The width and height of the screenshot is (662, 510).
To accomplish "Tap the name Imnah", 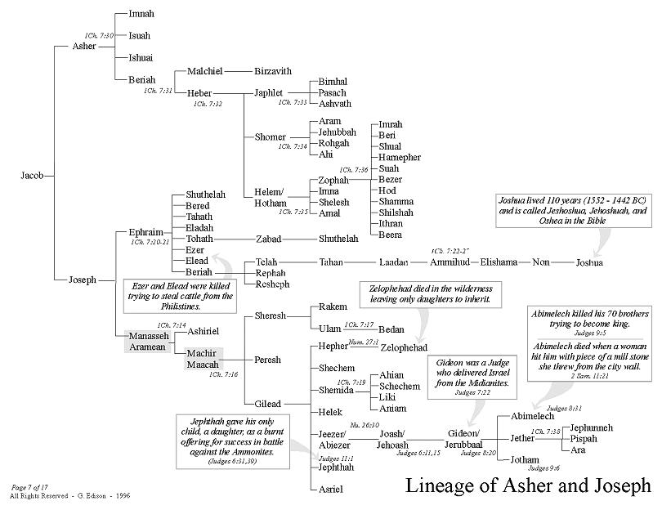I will (x=141, y=15).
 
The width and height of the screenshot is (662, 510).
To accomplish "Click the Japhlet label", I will (x=269, y=92).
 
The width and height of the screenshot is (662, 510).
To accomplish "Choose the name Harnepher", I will (x=399, y=156).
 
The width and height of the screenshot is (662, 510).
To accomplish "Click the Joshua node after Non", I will (x=589, y=262).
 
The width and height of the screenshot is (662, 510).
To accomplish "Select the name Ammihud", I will (x=447, y=262).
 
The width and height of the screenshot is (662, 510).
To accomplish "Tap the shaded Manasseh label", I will (x=147, y=335).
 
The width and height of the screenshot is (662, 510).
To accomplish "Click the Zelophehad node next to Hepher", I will (x=404, y=347).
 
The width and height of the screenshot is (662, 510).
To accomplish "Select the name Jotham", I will (x=524, y=460).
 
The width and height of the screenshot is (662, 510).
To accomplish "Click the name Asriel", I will (x=330, y=489).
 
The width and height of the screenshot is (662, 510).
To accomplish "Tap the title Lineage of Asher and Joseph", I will (x=528, y=486).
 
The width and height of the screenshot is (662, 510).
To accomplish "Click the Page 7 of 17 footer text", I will (x=31, y=486).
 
